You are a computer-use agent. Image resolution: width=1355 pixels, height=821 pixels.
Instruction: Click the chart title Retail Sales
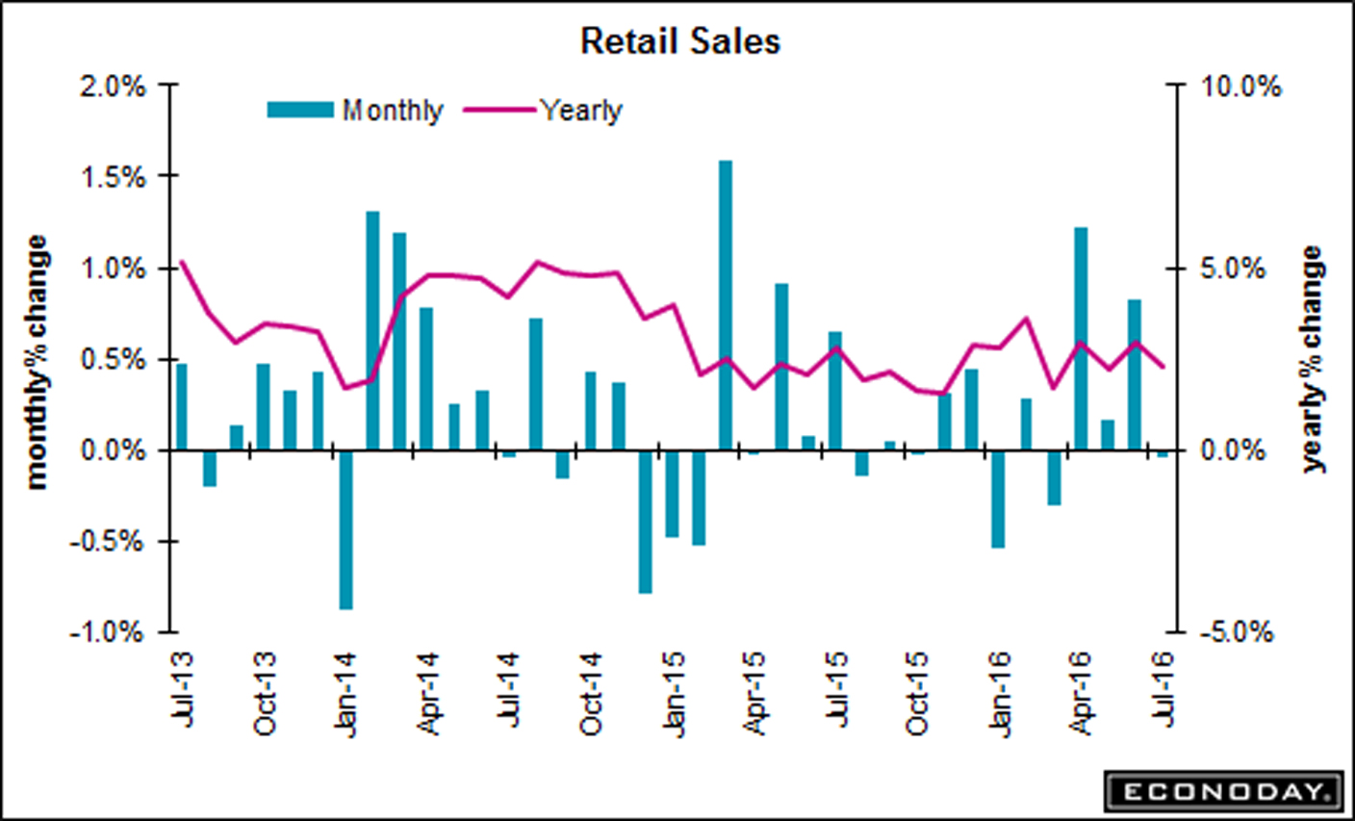click(x=679, y=41)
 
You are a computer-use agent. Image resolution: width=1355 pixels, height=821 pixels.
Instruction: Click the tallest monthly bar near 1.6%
click(x=726, y=305)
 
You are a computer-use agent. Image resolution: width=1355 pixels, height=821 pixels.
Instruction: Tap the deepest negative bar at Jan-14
click(x=345, y=529)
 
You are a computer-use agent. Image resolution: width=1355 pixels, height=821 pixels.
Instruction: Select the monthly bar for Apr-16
click(x=1081, y=339)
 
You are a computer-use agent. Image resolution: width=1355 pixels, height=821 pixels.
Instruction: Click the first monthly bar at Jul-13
click(x=181, y=406)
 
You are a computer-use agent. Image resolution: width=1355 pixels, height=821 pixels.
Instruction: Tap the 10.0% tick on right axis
click(x=1240, y=87)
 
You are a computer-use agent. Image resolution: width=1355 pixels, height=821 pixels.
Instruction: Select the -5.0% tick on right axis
click(x=1237, y=632)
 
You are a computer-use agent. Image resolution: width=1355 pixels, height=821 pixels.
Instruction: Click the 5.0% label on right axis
click(x=1233, y=269)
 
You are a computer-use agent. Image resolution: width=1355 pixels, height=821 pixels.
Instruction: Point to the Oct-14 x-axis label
click(x=591, y=693)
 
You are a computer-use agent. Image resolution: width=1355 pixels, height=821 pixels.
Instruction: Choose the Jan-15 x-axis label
click(x=673, y=693)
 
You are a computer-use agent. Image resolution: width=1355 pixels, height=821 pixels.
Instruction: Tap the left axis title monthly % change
click(x=37, y=362)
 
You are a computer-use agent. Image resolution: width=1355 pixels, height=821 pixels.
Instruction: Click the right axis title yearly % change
click(x=1313, y=359)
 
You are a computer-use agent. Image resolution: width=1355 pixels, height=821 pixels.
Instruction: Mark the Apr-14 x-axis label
click(x=428, y=693)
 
